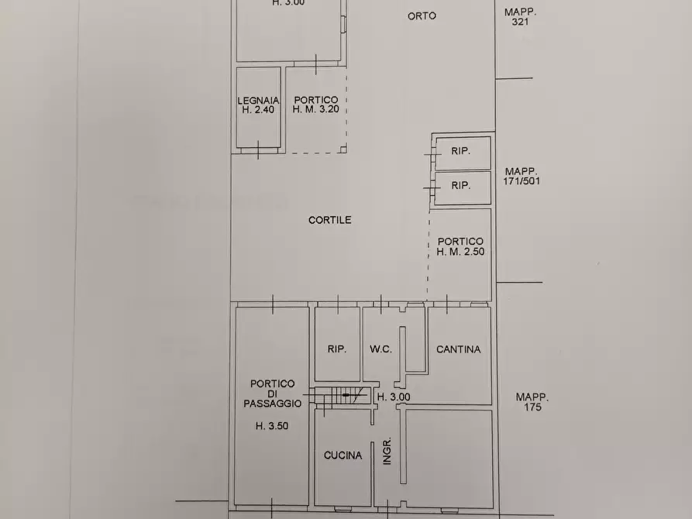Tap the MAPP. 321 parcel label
(520, 17)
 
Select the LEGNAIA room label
(257, 100)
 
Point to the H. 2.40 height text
(257, 110)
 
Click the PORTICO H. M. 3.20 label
(315, 105)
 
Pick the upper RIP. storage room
(461, 153)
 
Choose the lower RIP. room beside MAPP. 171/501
(461, 186)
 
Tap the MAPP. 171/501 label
(522, 176)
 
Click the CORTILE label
(330, 220)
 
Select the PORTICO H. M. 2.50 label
(460, 246)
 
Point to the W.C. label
(380, 349)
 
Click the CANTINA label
(458, 349)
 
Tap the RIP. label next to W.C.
(336, 349)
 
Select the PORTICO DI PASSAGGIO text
(272, 394)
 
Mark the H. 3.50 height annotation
(271, 425)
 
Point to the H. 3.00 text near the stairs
(394, 397)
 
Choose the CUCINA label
(343, 455)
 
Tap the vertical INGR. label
(386, 453)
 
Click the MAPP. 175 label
(532, 402)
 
